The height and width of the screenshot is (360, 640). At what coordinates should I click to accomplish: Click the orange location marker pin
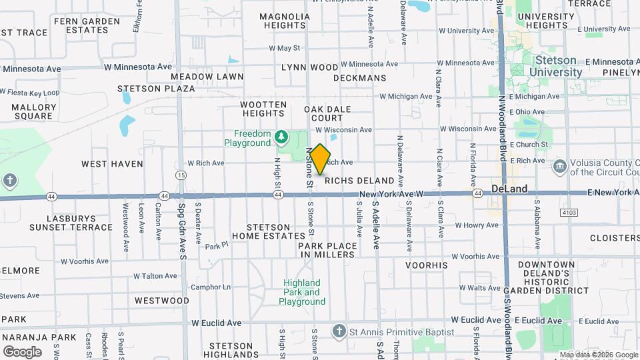320,159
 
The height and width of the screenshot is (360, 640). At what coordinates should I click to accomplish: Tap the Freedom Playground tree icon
281,138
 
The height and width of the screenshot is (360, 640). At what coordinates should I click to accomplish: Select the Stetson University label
555,67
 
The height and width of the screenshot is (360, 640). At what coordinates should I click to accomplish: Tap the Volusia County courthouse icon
559,165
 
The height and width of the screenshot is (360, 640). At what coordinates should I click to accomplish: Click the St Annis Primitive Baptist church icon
339,331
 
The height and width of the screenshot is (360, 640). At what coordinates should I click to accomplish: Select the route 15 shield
181,175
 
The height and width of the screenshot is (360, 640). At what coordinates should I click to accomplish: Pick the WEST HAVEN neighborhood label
112,163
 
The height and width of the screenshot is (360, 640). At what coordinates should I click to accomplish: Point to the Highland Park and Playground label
301,292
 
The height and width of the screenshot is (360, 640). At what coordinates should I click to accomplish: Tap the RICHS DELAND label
359,181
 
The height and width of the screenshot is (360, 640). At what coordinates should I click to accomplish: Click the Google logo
22,351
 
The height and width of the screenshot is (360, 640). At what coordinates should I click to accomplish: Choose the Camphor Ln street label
211,287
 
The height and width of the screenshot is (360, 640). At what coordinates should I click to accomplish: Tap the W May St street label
285,48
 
